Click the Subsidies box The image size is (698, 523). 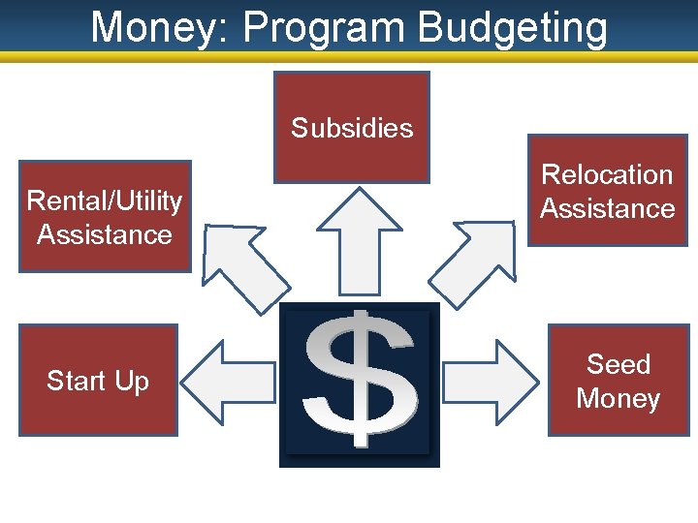point(351,127)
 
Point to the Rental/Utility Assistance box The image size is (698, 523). point(105,217)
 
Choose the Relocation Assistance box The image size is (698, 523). point(607,191)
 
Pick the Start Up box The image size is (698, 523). point(98,381)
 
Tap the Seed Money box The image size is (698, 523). point(618,381)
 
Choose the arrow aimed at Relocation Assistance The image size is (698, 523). point(474,260)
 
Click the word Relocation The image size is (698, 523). point(607,174)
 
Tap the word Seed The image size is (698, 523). point(619,364)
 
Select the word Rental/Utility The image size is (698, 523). point(105,200)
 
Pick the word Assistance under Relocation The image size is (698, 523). point(607,208)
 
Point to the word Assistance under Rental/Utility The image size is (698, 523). point(105,234)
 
